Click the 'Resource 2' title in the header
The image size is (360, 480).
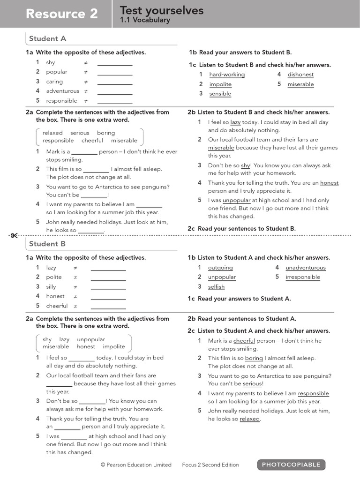[62, 14]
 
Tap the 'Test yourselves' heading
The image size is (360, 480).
[162, 10]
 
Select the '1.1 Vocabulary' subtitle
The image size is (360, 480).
[145, 20]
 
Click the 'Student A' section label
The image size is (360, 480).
[47, 39]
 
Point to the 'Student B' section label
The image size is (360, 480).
[47, 244]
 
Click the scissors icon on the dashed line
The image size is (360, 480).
[14, 235]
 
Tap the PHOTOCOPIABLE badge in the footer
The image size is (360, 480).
[291, 465]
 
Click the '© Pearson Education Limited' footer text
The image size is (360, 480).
[136, 465]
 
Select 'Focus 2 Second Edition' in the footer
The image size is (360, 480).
[210, 465]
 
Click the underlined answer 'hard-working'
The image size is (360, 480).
[227, 75]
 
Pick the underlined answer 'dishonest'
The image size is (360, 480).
[300, 75]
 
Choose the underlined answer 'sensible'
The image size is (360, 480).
[220, 94]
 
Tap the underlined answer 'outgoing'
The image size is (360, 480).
[220, 268]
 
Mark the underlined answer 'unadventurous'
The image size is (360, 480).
[306, 268]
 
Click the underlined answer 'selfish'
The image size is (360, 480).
[216, 287]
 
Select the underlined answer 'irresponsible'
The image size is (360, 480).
[303, 277]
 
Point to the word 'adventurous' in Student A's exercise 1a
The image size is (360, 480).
[63, 91]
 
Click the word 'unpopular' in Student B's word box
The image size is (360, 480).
[91, 339]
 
